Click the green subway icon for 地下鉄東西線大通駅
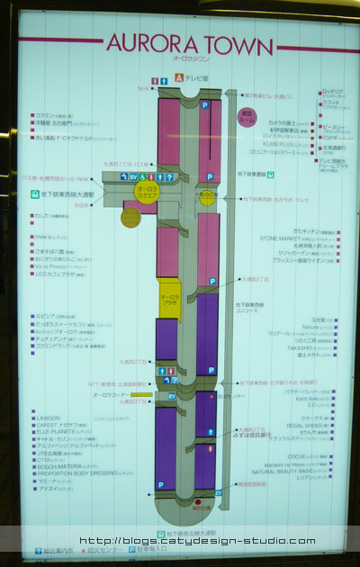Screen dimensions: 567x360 point(32,193)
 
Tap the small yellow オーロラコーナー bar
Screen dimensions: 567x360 point(140,394)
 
